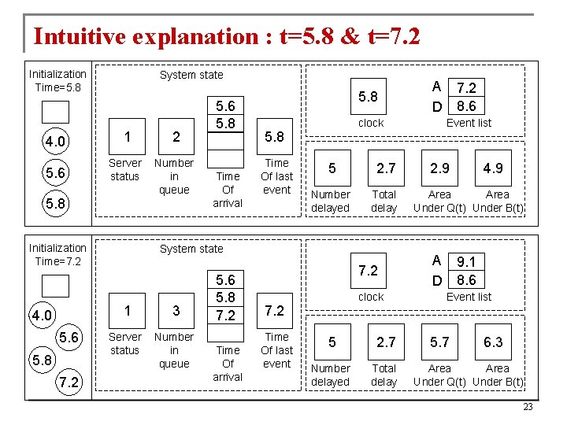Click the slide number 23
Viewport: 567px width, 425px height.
[528, 407]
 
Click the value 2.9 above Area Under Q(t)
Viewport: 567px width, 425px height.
[439, 168]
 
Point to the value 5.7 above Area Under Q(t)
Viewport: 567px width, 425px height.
[439, 342]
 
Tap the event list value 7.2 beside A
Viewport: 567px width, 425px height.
[466, 88]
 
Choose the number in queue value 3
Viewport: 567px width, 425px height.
[176, 311]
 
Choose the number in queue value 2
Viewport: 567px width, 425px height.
[176, 137]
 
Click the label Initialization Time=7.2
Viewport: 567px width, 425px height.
[57, 254]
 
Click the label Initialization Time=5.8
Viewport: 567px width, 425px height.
[57, 80]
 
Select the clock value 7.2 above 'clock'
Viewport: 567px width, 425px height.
[368, 271]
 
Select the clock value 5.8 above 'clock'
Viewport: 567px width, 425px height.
[368, 97]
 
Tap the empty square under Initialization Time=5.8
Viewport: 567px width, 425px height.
[56, 112]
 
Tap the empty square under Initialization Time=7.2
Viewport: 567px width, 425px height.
[56, 286]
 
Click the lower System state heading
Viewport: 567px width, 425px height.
[191, 249]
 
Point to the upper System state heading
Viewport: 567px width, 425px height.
[191, 75]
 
